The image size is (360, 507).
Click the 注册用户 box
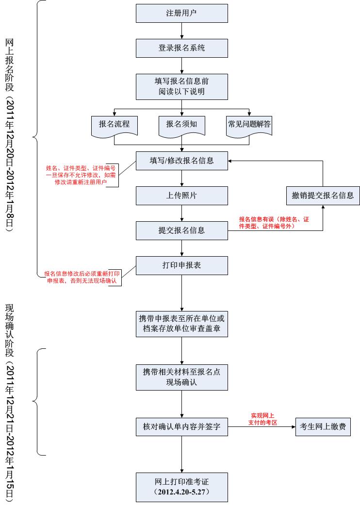point(181,13)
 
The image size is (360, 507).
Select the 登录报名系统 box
point(181,48)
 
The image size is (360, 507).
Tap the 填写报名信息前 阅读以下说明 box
point(181,86)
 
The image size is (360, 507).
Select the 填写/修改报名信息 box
point(181,160)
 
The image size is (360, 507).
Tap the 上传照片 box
point(181,196)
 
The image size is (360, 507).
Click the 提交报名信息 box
point(181,230)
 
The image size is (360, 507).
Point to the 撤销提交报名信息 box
point(323,196)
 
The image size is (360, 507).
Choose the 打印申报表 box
point(181,265)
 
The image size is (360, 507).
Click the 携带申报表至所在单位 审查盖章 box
point(181,324)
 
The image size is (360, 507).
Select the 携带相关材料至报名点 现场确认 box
point(181,377)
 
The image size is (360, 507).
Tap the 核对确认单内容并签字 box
point(181,427)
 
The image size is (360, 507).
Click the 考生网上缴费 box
point(323,427)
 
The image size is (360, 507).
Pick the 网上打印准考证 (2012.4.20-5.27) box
point(181,487)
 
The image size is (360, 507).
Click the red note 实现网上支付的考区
point(262,419)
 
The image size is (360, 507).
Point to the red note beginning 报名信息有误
point(274,223)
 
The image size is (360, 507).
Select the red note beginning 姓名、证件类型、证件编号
point(81,175)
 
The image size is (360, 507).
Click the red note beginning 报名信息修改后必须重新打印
point(82,277)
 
